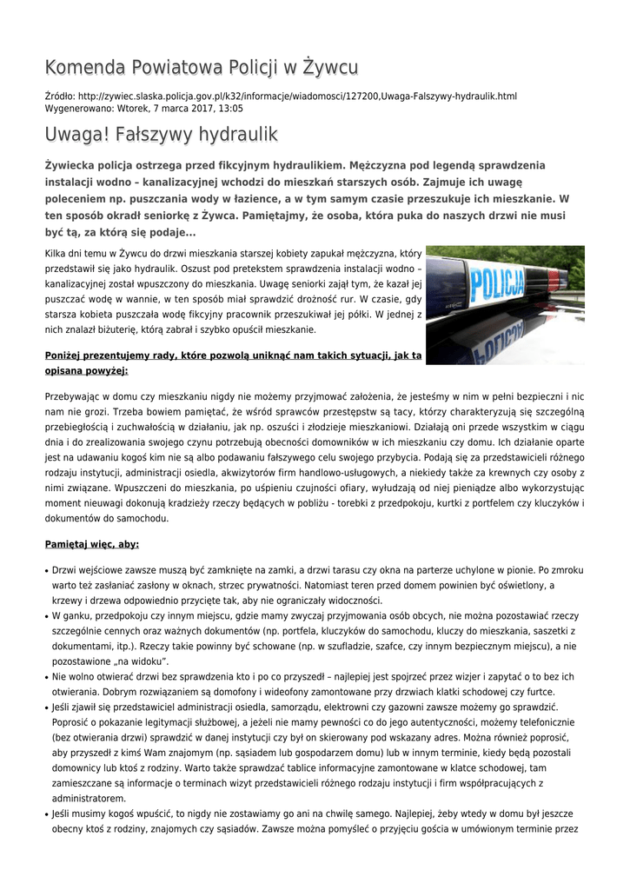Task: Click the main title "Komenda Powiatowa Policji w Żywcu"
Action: (x=201, y=68)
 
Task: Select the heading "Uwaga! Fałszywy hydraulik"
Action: (x=161, y=135)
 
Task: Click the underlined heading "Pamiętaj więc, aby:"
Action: (x=92, y=544)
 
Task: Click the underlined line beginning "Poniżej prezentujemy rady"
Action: (x=233, y=355)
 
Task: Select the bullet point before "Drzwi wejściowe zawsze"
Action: (x=47, y=571)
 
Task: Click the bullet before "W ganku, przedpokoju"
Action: (x=47, y=616)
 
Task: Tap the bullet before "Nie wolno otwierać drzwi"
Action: (x=47, y=676)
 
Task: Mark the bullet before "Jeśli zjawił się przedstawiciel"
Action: (x=47, y=708)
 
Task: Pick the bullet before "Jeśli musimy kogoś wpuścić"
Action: (x=47, y=814)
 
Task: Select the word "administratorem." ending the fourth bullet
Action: (x=89, y=798)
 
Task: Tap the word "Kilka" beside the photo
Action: (x=58, y=253)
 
